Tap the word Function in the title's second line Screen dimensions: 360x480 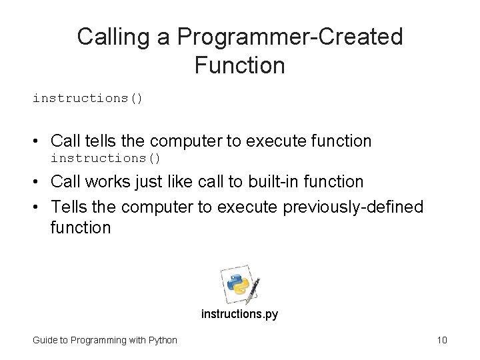click(x=240, y=66)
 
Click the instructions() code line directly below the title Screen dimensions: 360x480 click(x=88, y=98)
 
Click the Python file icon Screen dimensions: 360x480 click(x=239, y=284)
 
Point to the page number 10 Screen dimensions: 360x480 click(x=441, y=341)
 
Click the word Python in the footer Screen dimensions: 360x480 click(x=162, y=341)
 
